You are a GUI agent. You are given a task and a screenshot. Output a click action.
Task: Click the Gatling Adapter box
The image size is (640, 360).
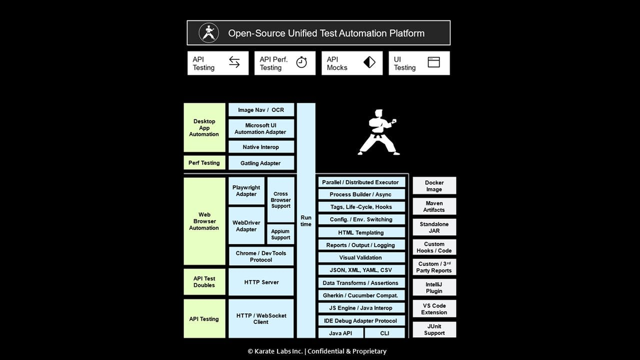[x=261, y=163]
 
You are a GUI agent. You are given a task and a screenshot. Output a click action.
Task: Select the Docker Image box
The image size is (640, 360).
[x=434, y=186]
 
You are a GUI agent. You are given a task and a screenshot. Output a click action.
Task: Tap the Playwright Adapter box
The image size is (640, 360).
[x=246, y=191]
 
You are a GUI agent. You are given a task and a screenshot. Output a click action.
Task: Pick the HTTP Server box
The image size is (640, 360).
[x=261, y=282]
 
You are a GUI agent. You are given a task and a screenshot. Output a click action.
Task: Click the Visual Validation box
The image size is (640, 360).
[x=361, y=258]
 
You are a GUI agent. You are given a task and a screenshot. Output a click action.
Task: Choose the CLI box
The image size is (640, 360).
[x=385, y=333]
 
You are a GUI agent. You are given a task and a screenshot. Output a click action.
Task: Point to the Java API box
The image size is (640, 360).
[x=340, y=333]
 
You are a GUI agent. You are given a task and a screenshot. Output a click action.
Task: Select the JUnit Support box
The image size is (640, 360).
[x=434, y=330]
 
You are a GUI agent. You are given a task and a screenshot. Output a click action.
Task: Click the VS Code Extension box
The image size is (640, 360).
[x=434, y=309]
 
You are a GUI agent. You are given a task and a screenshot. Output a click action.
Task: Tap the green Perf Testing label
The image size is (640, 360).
[x=204, y=163]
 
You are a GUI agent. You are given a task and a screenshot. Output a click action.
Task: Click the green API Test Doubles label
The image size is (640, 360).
[x=204, y=282]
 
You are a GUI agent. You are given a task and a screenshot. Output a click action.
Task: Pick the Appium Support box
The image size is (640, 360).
[x=281, y=234]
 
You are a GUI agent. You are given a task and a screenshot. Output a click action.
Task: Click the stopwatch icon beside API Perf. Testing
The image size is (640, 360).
[x=302, y=63]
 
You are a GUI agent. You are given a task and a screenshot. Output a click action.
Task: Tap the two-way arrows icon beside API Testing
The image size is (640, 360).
[x=234, y=63]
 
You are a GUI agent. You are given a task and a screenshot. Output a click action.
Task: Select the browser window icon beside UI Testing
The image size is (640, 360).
[x=434, y=63]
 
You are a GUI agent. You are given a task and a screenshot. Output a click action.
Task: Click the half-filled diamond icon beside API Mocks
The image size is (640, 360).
[x=369, y=63]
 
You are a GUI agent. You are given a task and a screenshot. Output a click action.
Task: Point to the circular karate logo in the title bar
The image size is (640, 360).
[x=209, y=33]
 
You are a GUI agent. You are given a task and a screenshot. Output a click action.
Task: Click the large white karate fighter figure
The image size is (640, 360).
[x=378, y=132]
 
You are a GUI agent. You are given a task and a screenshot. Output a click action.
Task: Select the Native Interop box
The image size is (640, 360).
[x=261, y=147]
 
